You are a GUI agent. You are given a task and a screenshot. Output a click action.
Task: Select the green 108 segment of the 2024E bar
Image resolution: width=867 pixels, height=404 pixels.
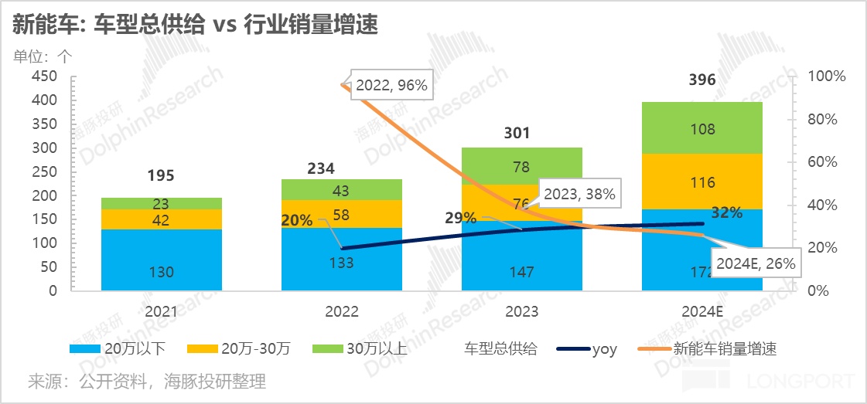tap(702, 128)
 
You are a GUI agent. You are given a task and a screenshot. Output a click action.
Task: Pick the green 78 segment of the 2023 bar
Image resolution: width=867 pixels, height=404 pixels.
tap(521, 166)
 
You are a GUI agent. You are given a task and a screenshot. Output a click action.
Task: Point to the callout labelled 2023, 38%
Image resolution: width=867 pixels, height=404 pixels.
tap(579, 195)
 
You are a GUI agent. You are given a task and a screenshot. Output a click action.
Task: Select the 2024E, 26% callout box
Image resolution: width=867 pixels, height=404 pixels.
tap(755, 263)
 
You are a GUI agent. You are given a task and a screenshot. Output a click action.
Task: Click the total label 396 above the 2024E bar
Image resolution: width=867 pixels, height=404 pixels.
tap(702, 80)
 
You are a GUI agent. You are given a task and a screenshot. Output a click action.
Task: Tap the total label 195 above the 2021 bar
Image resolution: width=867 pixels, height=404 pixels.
tap(162, 176)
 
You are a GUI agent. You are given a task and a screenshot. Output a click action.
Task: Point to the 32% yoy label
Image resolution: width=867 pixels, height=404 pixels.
tap(726, 213)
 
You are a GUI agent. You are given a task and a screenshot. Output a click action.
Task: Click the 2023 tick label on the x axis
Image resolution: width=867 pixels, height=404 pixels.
tap(521, 312)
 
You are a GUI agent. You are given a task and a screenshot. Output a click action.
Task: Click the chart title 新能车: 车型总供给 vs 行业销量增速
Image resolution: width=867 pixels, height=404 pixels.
tap(195, 25)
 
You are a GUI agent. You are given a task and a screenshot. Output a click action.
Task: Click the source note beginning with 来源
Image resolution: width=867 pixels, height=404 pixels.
tap(147, 382)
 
